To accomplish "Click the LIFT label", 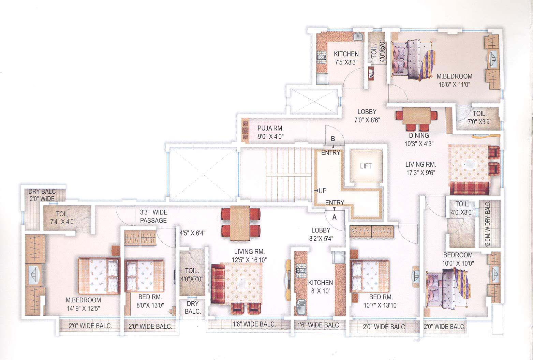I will [366, 166].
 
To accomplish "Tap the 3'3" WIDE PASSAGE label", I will [153, 216].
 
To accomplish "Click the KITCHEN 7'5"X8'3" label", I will [346, 58].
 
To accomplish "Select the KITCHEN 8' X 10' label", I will [320, 287].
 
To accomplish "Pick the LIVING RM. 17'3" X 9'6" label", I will [421, 168].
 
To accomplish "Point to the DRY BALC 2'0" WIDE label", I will [42, 195].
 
